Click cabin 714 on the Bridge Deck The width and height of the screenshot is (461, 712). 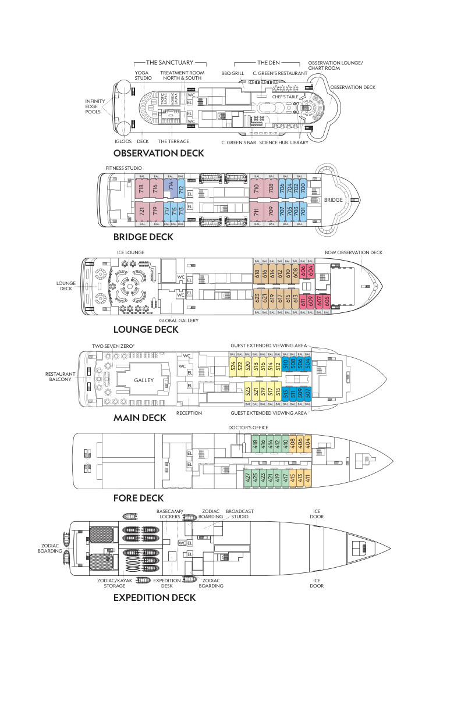[169, 188]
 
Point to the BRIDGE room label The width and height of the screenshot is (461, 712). [334, 200]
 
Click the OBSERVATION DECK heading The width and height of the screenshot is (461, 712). [158, 153]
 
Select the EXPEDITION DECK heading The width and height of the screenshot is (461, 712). [154, 597]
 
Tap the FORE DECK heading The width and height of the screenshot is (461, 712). [139, 498]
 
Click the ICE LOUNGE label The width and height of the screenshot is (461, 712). [131, 252]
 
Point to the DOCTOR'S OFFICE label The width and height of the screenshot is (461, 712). [249, 428]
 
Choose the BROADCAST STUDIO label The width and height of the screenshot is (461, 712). [240, 514]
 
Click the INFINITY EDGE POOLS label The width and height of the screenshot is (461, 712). [95, 106]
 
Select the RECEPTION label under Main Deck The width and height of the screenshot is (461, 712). [189, 413]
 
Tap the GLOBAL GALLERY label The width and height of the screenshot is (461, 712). [179, 321]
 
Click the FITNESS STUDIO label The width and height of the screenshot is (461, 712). [124, 168]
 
